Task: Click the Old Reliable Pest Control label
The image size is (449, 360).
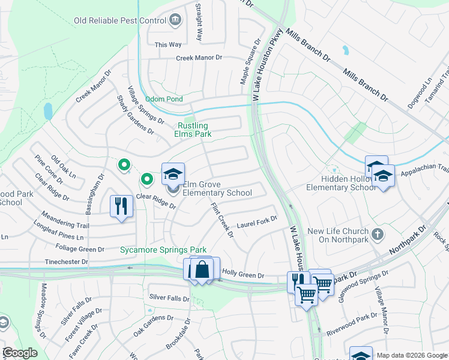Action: pyautogui.click(x=119, y=20)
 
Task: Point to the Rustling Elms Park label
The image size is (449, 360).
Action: pyautogui.click(x=192, y=130)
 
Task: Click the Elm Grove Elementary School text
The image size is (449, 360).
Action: pyautogui.click(x=217, y=188)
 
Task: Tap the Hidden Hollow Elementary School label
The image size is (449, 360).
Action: pyautogui.click(x=340, y=183)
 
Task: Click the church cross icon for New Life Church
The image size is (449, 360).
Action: pyautogui.click(x=377, y=233)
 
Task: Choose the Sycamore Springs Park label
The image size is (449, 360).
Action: pyautogui.click(x=163, y=250)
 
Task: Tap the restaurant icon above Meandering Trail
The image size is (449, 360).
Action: pyautogui.click(x=121, y=206)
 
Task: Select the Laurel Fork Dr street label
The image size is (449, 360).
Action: pyautogui.click(x=256, y=224)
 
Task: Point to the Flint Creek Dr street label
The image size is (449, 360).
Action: pyautogui.click(x=221, y=220)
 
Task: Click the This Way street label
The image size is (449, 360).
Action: pyautogui.click(x=168, y=44)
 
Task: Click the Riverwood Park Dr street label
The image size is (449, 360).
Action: pyautogui.click(x=351, y=325)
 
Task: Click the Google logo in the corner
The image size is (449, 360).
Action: pyautogui.click(x=20, y=353)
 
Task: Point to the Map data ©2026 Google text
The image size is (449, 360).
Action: pyautogui.click(x=411, y=355)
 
